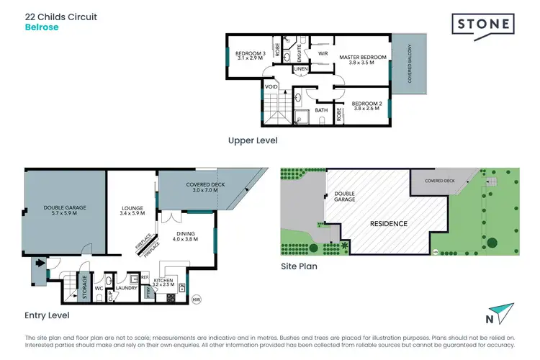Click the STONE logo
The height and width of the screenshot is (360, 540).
pos(482,24)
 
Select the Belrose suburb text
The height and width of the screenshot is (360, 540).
pos(42,27)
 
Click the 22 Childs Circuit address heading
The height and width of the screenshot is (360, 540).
pos(61,16)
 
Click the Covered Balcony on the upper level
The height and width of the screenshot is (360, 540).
pos(410,66)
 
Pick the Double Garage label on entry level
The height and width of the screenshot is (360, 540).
pos(64,210)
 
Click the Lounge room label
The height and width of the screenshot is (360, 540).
pos(132,210)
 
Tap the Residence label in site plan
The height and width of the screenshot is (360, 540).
pos(388,223)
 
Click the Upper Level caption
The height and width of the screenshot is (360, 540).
pos(252,140)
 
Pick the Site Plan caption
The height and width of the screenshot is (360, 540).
pos(298,266)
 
